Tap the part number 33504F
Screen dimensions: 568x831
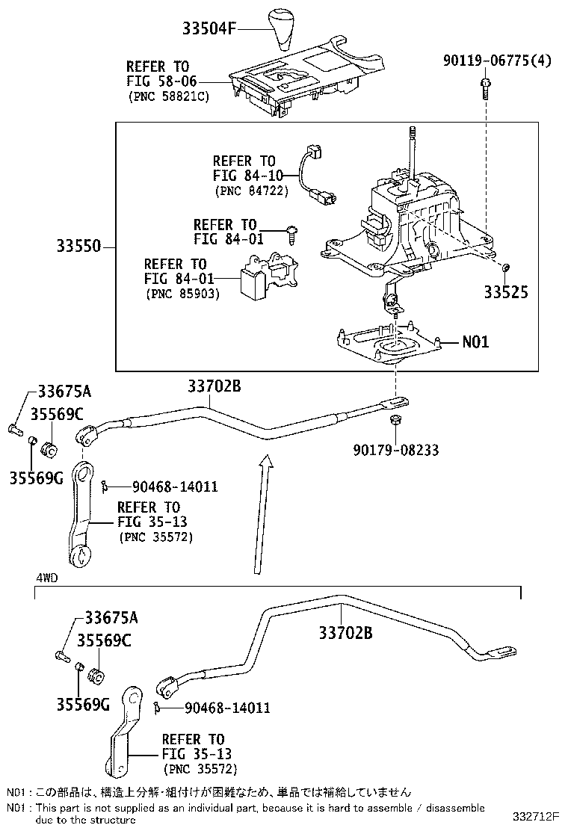(x=209, y=28)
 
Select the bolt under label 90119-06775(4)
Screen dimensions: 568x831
(x=485, y=88)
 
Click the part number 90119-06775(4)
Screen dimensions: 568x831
(x=497, y=61)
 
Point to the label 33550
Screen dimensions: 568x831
(x=78, y=246)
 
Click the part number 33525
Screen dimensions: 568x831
(x=506, y=292)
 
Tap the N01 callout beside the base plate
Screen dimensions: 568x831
(x=475, y=342)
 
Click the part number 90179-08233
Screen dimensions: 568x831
(x=396, y=450)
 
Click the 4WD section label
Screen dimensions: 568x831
(x=47, y=578)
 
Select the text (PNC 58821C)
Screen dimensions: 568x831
(x=168, y=96)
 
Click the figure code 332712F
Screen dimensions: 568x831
(x=536, y=815)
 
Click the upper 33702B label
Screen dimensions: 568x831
(x=214, y=386)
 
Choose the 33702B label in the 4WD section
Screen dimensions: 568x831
(x=345, y=632)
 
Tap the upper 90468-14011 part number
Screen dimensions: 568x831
(x=175, y=486)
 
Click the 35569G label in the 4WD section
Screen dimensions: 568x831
(x=83, y=705)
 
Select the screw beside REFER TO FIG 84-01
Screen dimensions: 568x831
(x=291, y=233)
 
